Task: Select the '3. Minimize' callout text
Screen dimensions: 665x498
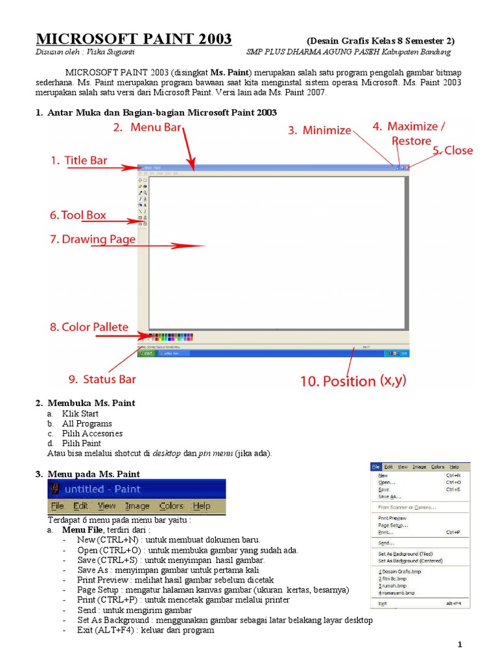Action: [x=319, y=131]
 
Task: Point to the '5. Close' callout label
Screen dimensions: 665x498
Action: [x=453, y=151]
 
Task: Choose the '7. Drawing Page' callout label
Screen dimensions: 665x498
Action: [x=93, y=240]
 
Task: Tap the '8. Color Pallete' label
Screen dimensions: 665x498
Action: [x=89, y=327]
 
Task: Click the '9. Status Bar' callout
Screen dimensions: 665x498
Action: [x=102, y=379]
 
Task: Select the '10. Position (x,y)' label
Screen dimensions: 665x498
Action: [x=353, y=381]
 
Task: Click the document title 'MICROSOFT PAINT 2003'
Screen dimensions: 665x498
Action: [x=133, y=39]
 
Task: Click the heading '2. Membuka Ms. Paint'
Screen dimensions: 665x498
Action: [x=85, y=403]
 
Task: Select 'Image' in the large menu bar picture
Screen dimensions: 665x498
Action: [x=137, y=506]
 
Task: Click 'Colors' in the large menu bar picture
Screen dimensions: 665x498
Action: [x=171, y=506]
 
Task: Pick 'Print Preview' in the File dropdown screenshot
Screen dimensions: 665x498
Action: [x=392, y=518]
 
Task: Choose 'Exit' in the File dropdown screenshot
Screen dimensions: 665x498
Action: [x=383, y=603]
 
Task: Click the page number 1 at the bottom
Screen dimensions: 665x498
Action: [x=459, y=644]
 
